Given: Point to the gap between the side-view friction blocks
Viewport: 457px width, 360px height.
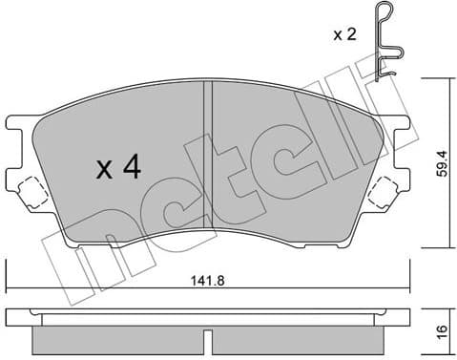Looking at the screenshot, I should point(206,340).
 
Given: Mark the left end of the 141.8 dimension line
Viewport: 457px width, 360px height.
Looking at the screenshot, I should point(7,289).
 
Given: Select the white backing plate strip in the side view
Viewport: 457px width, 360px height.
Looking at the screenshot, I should point(206,317).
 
